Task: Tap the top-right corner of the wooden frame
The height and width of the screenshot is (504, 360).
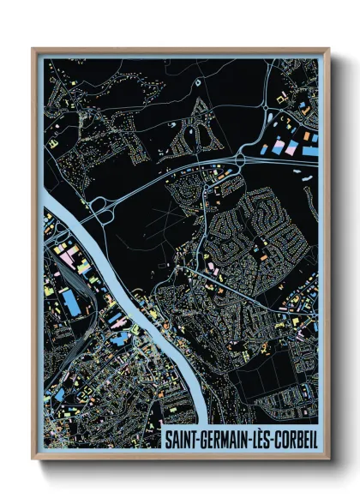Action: [328, 49]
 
